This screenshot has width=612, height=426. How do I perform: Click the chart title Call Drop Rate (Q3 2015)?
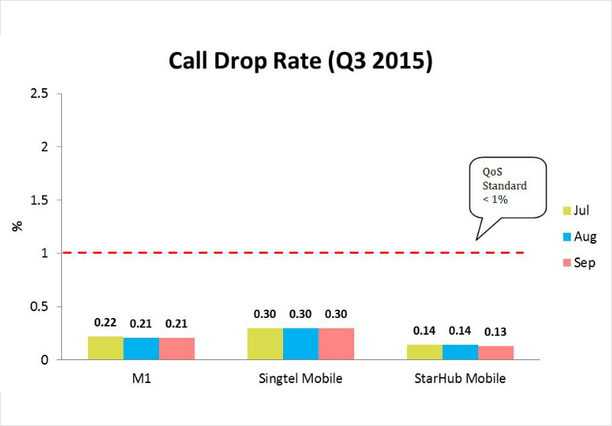point(301,61)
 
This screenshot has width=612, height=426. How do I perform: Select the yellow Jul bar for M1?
point(106,348)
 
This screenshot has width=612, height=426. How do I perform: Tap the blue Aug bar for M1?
point(141,349)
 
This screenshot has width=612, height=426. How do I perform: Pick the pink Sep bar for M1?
point(177,349)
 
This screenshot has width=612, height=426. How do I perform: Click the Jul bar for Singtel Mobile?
point(265,344)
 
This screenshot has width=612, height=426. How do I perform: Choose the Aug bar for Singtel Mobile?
point(301,344)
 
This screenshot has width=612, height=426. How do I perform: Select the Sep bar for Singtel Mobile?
point(336,344)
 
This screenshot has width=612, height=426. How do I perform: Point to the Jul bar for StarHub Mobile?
point(425,352)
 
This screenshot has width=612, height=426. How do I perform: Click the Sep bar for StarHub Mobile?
point(496,353)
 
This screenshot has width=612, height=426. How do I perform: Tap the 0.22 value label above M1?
point(106,323)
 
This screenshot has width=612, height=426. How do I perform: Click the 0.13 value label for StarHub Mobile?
point(496,332)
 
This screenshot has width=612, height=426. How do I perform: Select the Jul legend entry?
point(578,210)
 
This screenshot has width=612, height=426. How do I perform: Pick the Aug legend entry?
point(579,237)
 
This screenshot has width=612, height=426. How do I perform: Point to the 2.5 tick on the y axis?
point(38,93)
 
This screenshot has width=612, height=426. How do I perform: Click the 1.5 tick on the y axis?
point(38,200)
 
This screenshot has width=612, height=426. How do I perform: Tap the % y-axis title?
point(18,226)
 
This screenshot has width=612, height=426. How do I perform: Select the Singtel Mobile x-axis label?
point(300,379)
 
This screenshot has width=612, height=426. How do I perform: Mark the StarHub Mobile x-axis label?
point(460,379)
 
